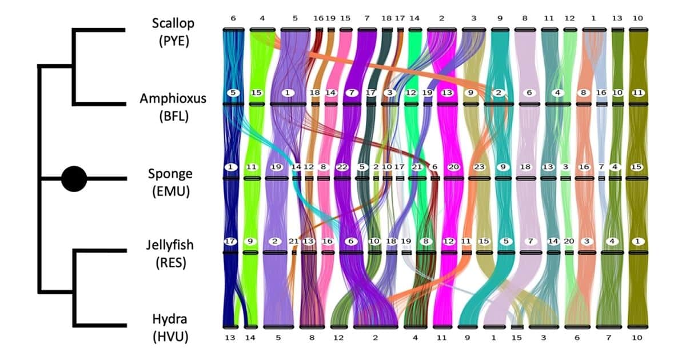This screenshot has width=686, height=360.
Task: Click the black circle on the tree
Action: [x=74, y=179]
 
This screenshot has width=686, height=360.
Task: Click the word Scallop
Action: [x=173, y=23]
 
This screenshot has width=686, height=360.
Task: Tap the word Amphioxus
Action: [x=173, y=98]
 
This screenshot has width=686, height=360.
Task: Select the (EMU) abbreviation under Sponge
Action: [x=171, y=191]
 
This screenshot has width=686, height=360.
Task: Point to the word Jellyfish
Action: [x=170, y=245]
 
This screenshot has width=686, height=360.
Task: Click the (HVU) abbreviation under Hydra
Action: [x=170, y=337]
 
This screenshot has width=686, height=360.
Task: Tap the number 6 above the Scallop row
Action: [x=233, y=18]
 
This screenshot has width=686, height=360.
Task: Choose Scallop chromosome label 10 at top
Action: [x=638, y=18]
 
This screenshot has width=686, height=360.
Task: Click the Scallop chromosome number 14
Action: [x=414, y=18]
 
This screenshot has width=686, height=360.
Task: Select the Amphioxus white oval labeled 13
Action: [x=447, y=93]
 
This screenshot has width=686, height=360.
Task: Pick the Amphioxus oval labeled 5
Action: [x=233, y=93]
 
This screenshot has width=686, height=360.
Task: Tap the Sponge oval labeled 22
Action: [x=342, y=167]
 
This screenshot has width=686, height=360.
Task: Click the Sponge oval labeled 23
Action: [x=479, y=167]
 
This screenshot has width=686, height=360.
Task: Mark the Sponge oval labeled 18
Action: [x=525, y=167]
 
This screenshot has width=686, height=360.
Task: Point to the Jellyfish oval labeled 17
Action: [x=230, y=241]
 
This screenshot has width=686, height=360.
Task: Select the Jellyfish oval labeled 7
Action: [x=531, y=241]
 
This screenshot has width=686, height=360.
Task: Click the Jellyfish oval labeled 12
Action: [x=449, y=241]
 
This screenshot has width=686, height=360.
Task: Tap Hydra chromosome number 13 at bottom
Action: [x=230, y=338]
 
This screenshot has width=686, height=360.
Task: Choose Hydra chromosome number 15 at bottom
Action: [x=517, y=338]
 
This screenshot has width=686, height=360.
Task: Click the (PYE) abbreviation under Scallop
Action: [x=174, y=41]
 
